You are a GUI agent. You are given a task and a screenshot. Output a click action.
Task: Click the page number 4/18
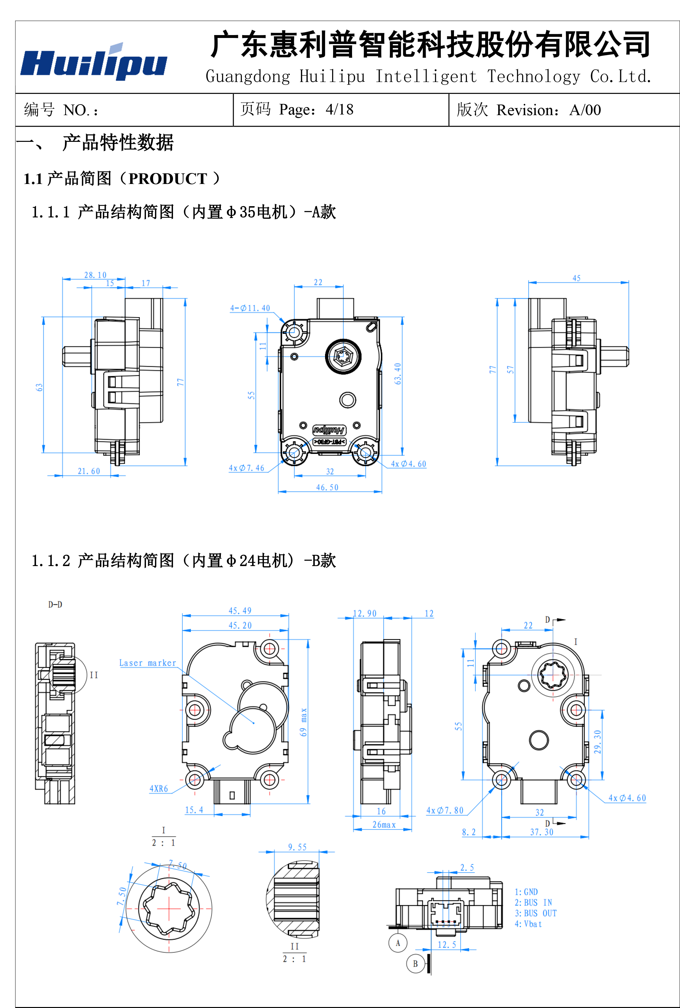point(340,110)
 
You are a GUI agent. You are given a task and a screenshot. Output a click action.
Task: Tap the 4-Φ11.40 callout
point(250,308)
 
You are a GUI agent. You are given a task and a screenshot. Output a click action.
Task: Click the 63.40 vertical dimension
point(398,373)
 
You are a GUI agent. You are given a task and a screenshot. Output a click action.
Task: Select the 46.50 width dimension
point(327,488)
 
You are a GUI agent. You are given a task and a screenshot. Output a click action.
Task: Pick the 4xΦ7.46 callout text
point(246,468)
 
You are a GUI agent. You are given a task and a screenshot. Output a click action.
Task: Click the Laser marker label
point(148,663)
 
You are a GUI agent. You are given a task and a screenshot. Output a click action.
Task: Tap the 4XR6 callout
point(159,789)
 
